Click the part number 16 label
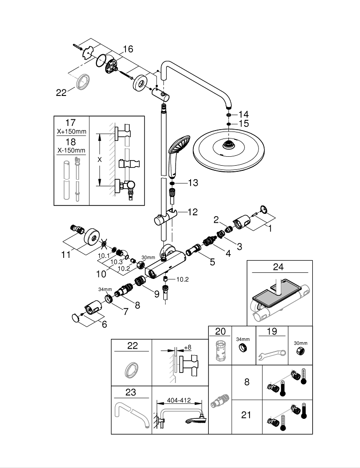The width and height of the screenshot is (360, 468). pyautogui.click(x=128, y=49)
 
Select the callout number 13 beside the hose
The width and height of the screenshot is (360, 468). pyautogui.click(x=193, y=183)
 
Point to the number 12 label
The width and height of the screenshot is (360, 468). pyautogui.click(x=192, y=212)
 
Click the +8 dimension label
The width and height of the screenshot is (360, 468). pyautogui.click(x=187, y=347)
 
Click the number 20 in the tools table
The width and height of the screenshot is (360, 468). pyautogui.click(x=220, y=331)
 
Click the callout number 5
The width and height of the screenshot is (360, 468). pyautogui.click(x=212, y=262)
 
